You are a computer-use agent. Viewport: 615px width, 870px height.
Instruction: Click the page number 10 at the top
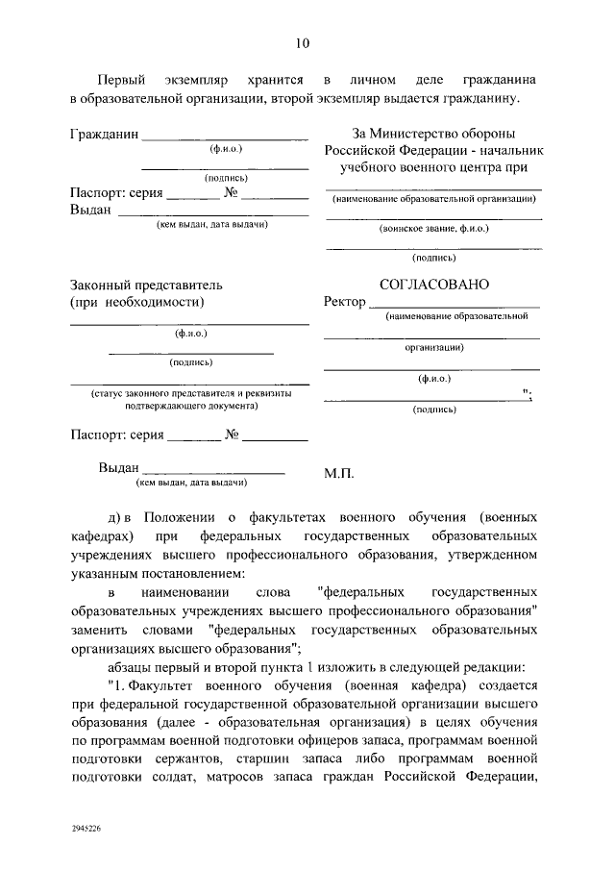coord(302,42)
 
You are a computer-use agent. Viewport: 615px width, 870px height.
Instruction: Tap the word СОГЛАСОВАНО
coord(433,285)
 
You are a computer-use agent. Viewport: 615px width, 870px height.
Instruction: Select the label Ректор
coord(346,302)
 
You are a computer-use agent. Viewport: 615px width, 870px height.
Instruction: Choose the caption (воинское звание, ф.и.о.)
coord(434,230)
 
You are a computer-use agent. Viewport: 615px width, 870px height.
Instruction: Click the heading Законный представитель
coord(147,285)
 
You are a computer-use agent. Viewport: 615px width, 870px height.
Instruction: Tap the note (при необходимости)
coord(137,302)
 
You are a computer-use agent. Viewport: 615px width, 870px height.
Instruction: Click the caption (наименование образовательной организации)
coord(434,199)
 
